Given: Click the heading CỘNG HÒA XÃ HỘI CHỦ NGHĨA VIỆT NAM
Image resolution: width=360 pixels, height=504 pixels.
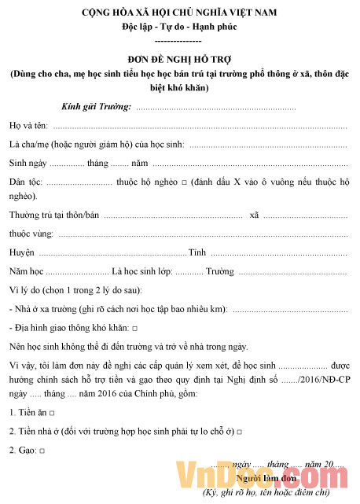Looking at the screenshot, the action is (179, 14).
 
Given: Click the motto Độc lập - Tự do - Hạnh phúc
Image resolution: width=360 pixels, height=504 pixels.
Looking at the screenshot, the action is (179, 27).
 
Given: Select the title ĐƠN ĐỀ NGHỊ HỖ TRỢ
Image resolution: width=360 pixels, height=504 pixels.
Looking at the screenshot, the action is (179, 59).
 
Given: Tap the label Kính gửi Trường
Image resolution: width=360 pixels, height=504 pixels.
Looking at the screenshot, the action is (96, 106).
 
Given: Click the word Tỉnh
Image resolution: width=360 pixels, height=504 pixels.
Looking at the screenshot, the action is (197, 252).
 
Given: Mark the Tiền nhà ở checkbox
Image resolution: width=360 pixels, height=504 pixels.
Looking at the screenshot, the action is (238, 432).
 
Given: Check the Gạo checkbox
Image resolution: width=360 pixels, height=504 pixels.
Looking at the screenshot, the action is (41, 451).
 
